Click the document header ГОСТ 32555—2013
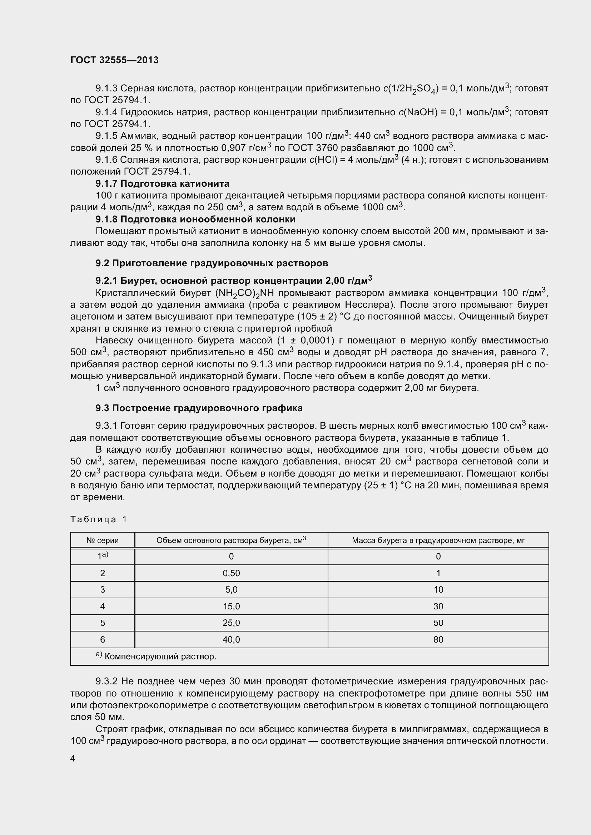114,60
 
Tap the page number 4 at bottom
73,758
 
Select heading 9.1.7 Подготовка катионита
162,183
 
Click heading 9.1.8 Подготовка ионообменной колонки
195,219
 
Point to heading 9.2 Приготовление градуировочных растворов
212,263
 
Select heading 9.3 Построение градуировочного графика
199,408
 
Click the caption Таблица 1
98,519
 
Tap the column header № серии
103,540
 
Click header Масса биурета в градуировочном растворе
438,540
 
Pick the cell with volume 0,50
231,574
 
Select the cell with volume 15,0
231,606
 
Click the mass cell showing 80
438,639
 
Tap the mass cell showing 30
438,606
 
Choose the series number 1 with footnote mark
103,557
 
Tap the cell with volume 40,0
231,639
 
